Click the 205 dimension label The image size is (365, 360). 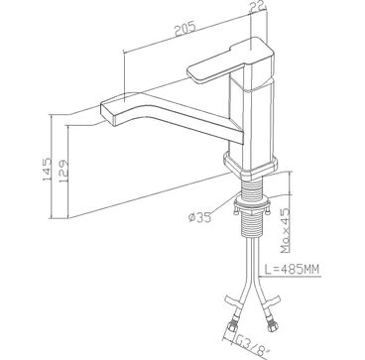pos(185,29)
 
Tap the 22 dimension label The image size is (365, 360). pos(257,5)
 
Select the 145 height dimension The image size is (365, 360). pos(47,170)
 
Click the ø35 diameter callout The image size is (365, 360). pos(199,217)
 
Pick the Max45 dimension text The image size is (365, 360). pos(285,231)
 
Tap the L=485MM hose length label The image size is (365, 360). pos(292,270)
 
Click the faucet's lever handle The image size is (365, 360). pos(231,61)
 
